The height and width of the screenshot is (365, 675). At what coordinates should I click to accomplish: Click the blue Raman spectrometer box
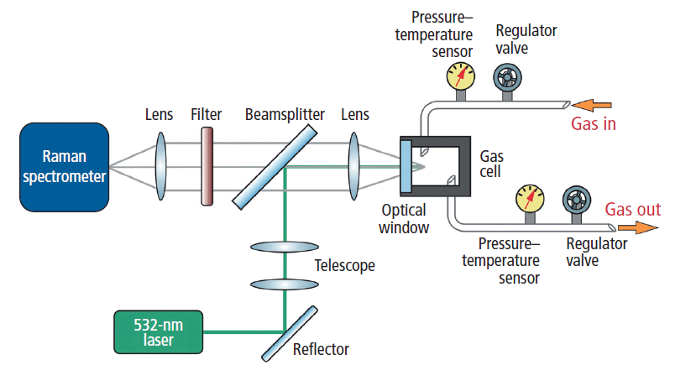(65, 165)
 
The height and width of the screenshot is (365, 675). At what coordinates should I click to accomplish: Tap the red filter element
(206, 165)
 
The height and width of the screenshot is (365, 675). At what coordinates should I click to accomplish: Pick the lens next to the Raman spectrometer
(161, 165)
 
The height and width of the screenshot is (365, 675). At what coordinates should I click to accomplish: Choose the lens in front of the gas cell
(354, 165)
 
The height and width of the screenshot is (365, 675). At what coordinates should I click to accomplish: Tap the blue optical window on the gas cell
(406, 165)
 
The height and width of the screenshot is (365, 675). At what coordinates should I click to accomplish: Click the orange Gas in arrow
(593, 105)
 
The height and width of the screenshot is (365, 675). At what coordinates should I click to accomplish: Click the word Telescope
(345, 266)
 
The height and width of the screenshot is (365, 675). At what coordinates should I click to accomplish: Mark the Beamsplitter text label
(278, 113)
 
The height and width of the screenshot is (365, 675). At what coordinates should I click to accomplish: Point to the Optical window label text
(404, 218)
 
